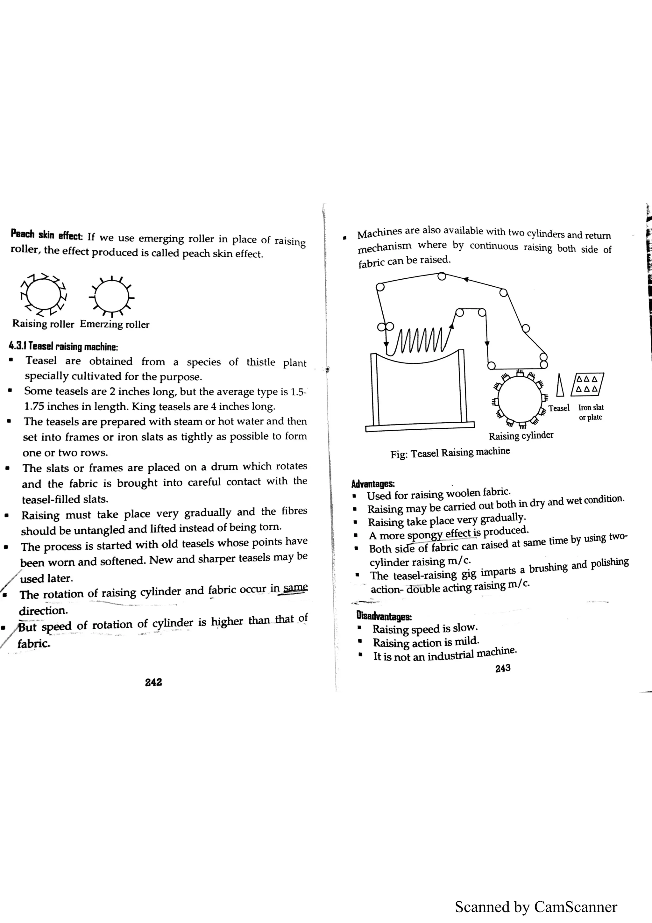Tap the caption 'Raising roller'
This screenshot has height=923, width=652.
click(x=43, y=324)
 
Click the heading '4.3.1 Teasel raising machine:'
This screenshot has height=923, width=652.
click(x=63, y=347)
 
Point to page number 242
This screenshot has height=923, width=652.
click(x=153, y=682)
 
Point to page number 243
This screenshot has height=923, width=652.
click(x=503, y=668)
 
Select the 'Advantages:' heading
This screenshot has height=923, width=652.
click(x=373, y=483)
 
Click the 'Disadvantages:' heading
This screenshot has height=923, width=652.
click(x=384, y=616)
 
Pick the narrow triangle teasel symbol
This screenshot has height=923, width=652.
click(x=560, y=385)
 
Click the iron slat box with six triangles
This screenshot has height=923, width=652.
click(x=587, y=384)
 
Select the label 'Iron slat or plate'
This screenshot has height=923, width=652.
click(x=591, y=412)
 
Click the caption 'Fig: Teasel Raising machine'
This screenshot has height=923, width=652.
click(x=450, y=453)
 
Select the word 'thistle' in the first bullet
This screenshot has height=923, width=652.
click(x=261, y=362)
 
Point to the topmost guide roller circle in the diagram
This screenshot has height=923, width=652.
click(x=442, y=276)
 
